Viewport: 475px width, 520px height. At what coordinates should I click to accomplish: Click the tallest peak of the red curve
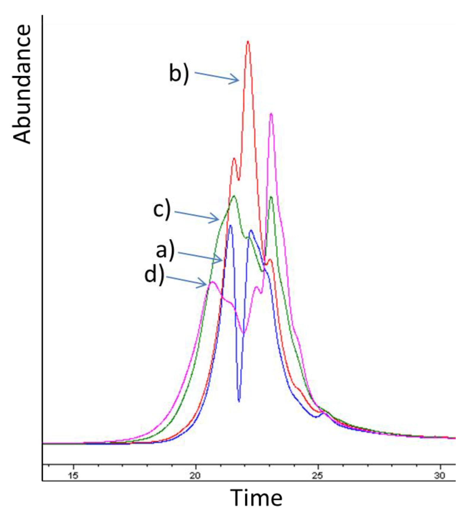(x=248, y=42)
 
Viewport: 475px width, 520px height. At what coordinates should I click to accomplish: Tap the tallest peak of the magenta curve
(x=271, y=114)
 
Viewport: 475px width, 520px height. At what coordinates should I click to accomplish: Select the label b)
(x=179, y=74)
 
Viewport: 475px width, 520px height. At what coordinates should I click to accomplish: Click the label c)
(x=162, y=210)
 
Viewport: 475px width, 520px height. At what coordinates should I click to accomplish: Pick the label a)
(x=165, y=250)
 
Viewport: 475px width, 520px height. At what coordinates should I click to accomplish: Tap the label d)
(x=154, y=275)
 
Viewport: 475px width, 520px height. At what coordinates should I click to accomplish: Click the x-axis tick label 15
(x=73, y=476)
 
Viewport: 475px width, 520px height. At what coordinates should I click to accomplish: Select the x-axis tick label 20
(x=195, y=476)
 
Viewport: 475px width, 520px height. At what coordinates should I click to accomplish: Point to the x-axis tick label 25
(x=317, y=476)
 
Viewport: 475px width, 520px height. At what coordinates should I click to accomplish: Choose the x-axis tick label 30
(x=440, y=476)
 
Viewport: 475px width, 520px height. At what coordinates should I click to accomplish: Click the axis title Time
(x=256, y=498)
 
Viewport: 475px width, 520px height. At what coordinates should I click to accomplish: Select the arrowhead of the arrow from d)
(x=206, y=284)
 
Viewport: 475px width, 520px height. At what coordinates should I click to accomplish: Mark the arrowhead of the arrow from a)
(x=222, y=261)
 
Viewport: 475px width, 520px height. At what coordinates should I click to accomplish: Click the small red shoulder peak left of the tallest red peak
(x=234, y=158)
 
